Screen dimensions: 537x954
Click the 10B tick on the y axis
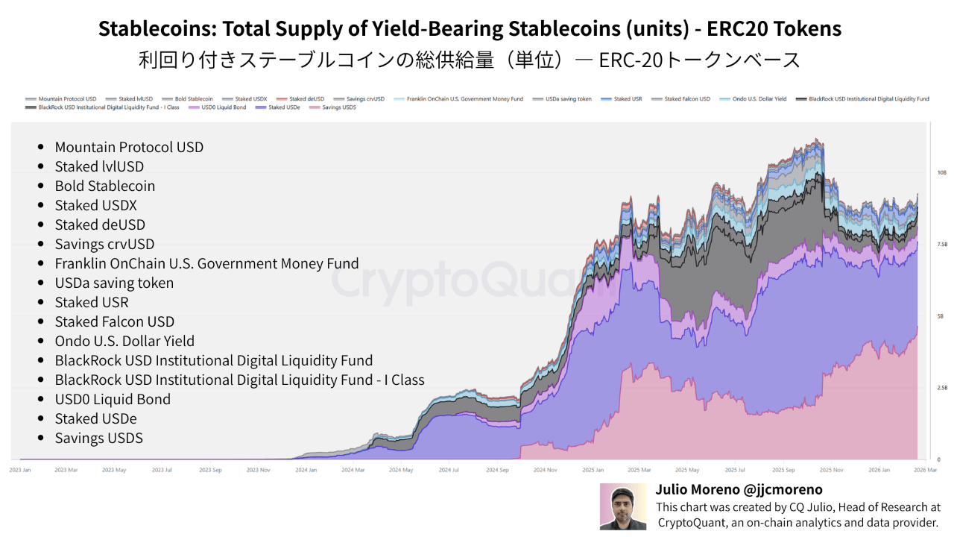click(921, 172)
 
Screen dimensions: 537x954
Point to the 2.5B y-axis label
click(922, 388)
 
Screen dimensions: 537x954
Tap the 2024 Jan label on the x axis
click(306, 470)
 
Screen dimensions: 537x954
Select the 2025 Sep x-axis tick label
click(783, 470)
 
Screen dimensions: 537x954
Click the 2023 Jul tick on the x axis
click(162, 470)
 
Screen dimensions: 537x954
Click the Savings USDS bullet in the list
click(98, 438)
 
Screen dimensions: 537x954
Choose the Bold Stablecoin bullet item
click(104, 186)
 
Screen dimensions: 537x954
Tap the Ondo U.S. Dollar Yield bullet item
click(124, 341)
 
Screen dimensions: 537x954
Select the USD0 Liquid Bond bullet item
click(113, 399)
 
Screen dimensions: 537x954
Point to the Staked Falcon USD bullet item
click(114, 321)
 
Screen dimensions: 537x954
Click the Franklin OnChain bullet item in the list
click(206, 263)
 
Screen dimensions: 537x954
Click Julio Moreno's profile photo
click(624, 506)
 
